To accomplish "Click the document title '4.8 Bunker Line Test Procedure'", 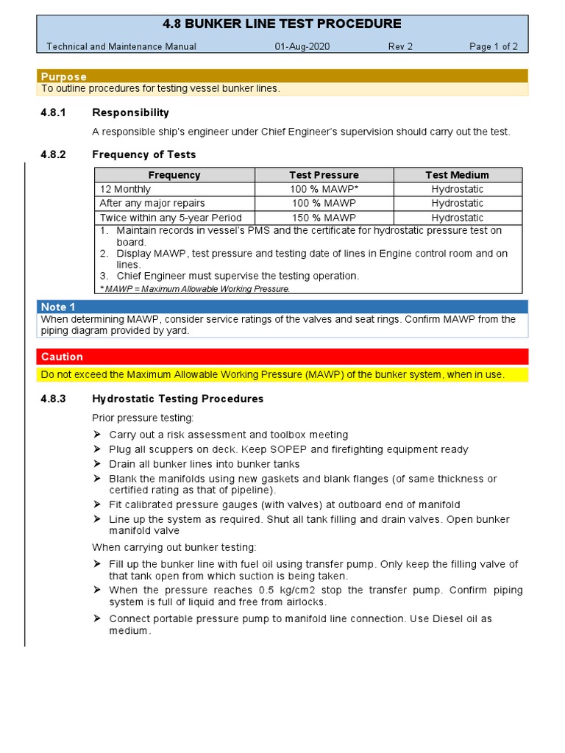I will point(282,24).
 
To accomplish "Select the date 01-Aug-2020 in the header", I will point(302,46).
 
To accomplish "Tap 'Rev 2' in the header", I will point(400,46).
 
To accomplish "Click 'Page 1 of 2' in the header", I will point(493,46).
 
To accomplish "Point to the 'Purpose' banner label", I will point(63,76).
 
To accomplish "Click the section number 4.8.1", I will point(53,113).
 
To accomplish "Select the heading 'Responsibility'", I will point(130,113).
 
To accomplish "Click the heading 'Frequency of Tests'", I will point(143,154).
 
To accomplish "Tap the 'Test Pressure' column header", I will point(324,175).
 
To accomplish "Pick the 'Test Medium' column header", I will point(457,175).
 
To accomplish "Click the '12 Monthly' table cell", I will point(125,189).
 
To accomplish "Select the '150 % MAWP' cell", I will point(324,218).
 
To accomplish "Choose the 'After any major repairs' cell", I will point(152,203).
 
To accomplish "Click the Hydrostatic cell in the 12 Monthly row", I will point(457,189).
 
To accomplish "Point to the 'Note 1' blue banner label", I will point(58,307).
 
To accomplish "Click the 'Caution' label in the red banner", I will point(62,357).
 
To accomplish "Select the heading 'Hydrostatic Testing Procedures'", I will point(177,399).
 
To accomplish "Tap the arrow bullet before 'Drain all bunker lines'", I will point(96,464).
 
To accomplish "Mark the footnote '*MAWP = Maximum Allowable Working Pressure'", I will point(194,288).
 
